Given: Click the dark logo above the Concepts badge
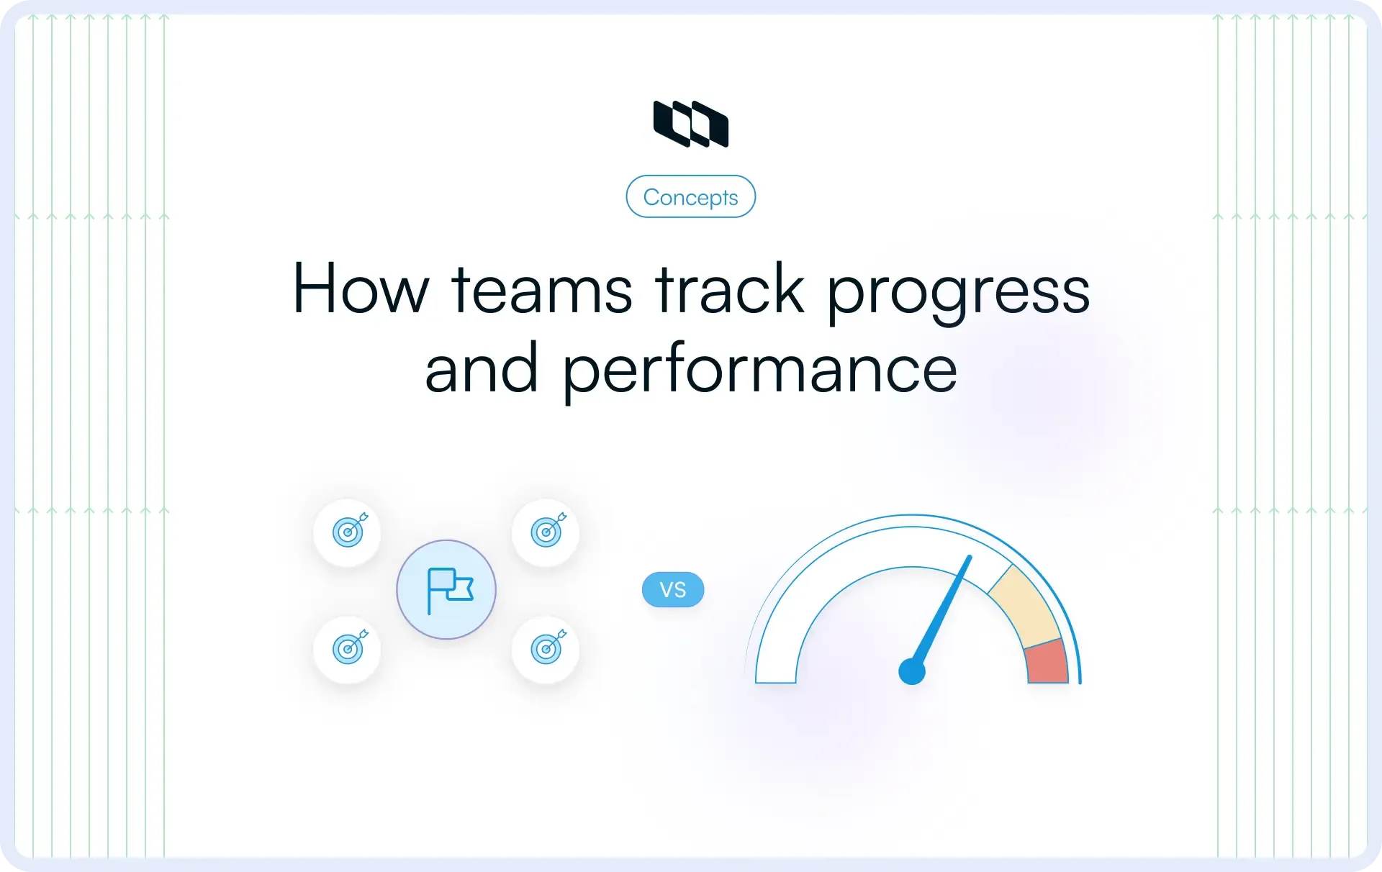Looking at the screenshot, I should [690, 124].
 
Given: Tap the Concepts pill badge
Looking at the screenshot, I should [690, 196].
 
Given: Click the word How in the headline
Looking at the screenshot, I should [360, 289].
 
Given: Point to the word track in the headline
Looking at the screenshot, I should [729, 289].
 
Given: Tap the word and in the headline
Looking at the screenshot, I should [482, 369].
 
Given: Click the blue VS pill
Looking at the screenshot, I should [673, 590].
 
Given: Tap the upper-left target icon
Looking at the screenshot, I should [349, 531].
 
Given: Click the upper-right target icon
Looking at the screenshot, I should [548, 531].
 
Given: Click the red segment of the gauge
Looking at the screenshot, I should [1047, 662].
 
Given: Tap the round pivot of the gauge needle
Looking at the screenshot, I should [912, 671].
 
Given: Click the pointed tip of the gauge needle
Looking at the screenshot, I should [969, 558].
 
